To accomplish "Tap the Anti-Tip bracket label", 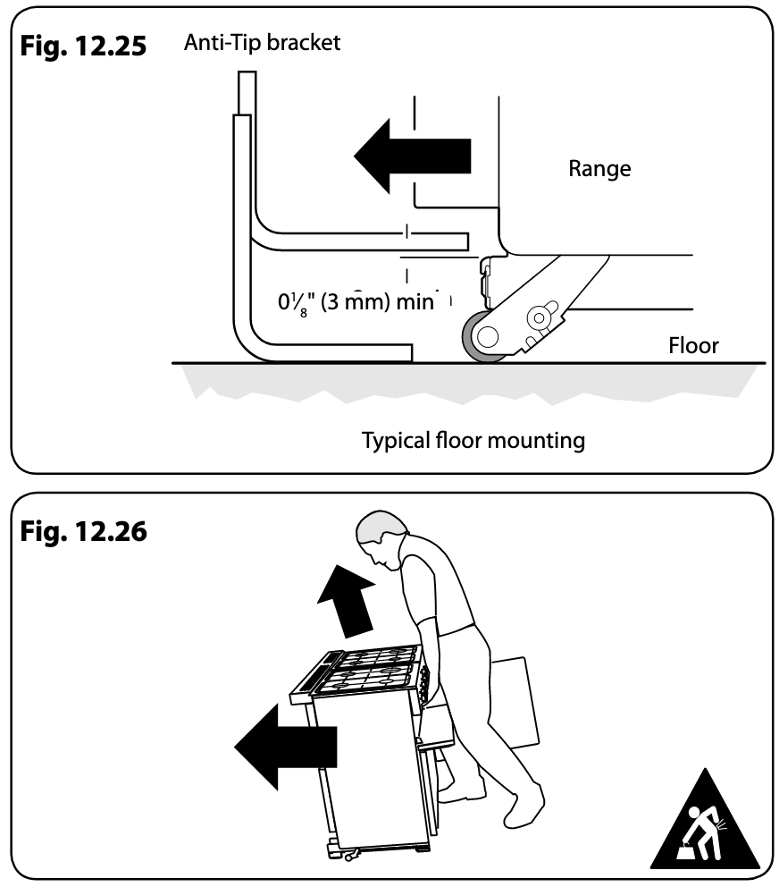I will point(262,42).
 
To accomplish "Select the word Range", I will point(599,167).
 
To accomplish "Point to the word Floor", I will point(693,345).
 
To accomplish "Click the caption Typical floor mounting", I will point(473,440).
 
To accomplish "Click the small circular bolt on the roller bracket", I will point(540,317).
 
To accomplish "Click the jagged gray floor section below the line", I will point(465,380).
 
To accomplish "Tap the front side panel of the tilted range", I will point(366,769).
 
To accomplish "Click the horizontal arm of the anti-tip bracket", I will point(357,240).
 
